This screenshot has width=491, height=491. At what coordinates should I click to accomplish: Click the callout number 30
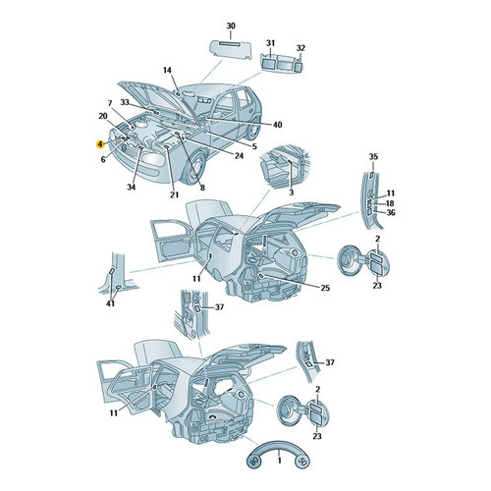click(x=231, y=26)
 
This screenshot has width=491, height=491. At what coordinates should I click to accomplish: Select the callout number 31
click(x=270, y=43)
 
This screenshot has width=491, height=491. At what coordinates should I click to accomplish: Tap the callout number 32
click(x=300, y=48)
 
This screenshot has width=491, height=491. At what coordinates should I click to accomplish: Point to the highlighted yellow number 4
click(x=100, y=144)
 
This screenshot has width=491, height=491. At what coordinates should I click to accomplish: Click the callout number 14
click(x=167, y=71)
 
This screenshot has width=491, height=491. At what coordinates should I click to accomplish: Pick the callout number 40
click(x=278, y=125)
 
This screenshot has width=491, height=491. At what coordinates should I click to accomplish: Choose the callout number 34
click(x=131, y=187)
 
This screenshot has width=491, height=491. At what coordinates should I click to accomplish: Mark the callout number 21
click(x=174, y=194)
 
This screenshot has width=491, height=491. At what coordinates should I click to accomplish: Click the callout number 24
click(x=239, y=156)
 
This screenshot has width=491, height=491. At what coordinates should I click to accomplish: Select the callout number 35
click(x=373, y=156)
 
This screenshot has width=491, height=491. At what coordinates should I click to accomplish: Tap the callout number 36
click(x=391, y=213)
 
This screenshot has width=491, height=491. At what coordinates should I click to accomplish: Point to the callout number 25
click(x=325, y=288)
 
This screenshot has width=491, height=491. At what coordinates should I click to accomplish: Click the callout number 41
click(x=111, y=303)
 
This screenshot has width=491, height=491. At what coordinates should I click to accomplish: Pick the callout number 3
click(x=292, y=192)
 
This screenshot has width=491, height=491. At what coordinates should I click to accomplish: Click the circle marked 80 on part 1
click(x=254, y=462)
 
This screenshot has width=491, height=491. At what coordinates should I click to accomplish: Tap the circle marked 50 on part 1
click(x=302, y=462)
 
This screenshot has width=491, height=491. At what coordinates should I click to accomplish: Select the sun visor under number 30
click(x=231, y=49)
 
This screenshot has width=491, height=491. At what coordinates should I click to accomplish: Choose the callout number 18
click(x=390, y=203)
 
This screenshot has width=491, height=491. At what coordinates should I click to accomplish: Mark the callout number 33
click(x=125, y=102)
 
